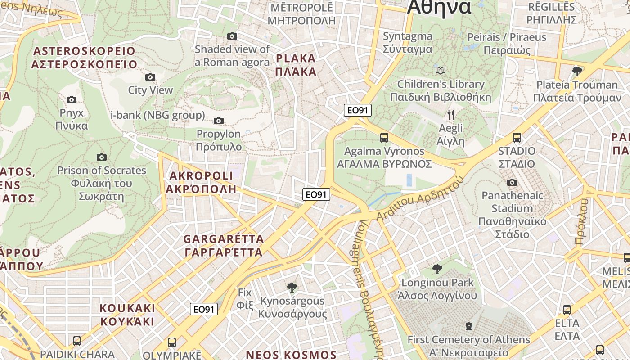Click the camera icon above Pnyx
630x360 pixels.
point(71,99)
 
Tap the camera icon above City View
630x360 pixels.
point(150,77)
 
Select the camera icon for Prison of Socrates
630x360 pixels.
point(102,157)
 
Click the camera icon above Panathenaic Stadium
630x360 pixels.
point(512,182)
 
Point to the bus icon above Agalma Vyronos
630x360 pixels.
point(384,138)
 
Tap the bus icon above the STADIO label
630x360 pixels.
point(517,138)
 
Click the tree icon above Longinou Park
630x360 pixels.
point(436,269)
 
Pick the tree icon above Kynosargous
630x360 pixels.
point(292,287)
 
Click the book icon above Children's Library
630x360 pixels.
point(441,71)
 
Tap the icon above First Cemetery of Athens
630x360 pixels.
point(469,326)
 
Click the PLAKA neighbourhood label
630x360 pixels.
point(296,65)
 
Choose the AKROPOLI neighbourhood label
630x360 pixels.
point(200,182)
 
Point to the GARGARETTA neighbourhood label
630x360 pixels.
point(224,245)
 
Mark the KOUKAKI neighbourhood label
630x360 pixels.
point(127,315)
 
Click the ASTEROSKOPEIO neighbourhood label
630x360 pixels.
point(84,58)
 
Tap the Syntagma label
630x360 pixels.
point(408,42)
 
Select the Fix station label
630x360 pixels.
point(245,299)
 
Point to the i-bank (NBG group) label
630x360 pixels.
point(157,115)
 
